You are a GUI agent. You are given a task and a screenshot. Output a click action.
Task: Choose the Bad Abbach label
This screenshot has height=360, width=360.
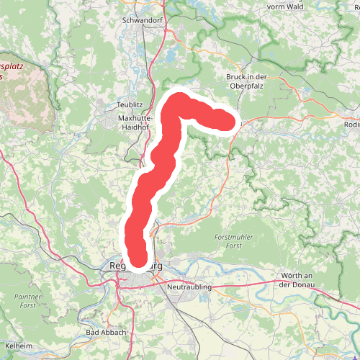coord(106,332)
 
